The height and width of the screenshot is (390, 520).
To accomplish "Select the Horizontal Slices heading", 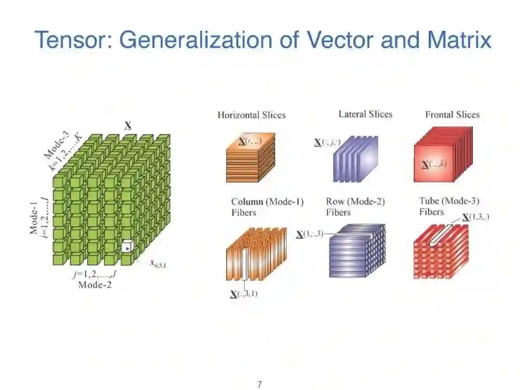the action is point(251,115).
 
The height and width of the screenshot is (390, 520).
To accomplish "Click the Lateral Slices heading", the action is point(365,114).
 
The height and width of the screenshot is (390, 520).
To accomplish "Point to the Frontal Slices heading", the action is point(452,115).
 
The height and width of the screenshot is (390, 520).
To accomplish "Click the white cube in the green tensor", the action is point(127,246).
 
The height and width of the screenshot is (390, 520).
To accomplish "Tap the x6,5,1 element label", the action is point(158,263).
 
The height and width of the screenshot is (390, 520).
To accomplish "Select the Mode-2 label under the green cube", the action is point(95,284).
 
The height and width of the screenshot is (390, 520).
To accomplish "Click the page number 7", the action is point(260,384).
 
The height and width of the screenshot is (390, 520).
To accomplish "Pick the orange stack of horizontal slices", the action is point(250,158).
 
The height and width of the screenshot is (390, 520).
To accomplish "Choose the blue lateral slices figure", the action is point(355,158).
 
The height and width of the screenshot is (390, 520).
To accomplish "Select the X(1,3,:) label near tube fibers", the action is point(476,217).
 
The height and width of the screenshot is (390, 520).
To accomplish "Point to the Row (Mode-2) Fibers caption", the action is point(355,207).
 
